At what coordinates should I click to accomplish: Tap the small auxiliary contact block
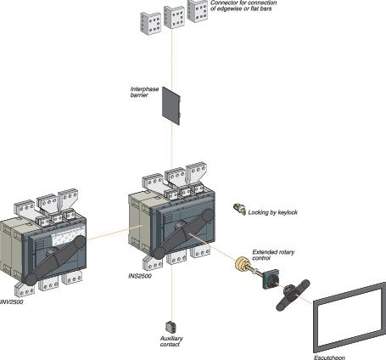168,325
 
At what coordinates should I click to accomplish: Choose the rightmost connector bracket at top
198,9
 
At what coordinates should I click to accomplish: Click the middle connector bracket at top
174,16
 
